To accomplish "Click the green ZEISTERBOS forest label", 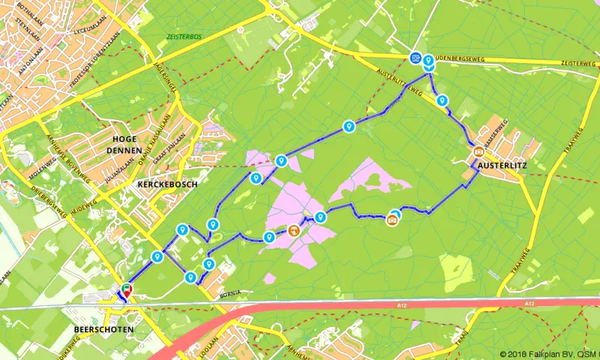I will pos(184,35).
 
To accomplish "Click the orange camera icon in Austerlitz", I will pos(478,152).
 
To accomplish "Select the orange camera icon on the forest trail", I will pos(391,220).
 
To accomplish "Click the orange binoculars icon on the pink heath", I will pos(294,230).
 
